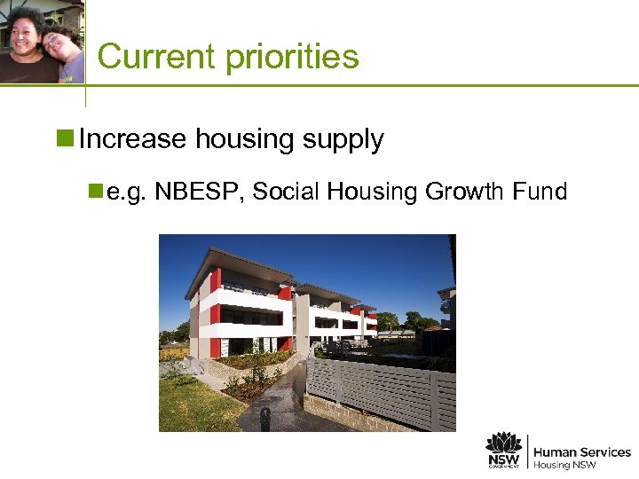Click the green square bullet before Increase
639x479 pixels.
tap(68, 139)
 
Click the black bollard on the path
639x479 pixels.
tap(264, 418)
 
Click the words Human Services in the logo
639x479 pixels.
tap(581, 452)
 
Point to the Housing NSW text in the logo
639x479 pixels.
tap(564, 466)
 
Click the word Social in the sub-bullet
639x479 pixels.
tap(283, 191)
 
